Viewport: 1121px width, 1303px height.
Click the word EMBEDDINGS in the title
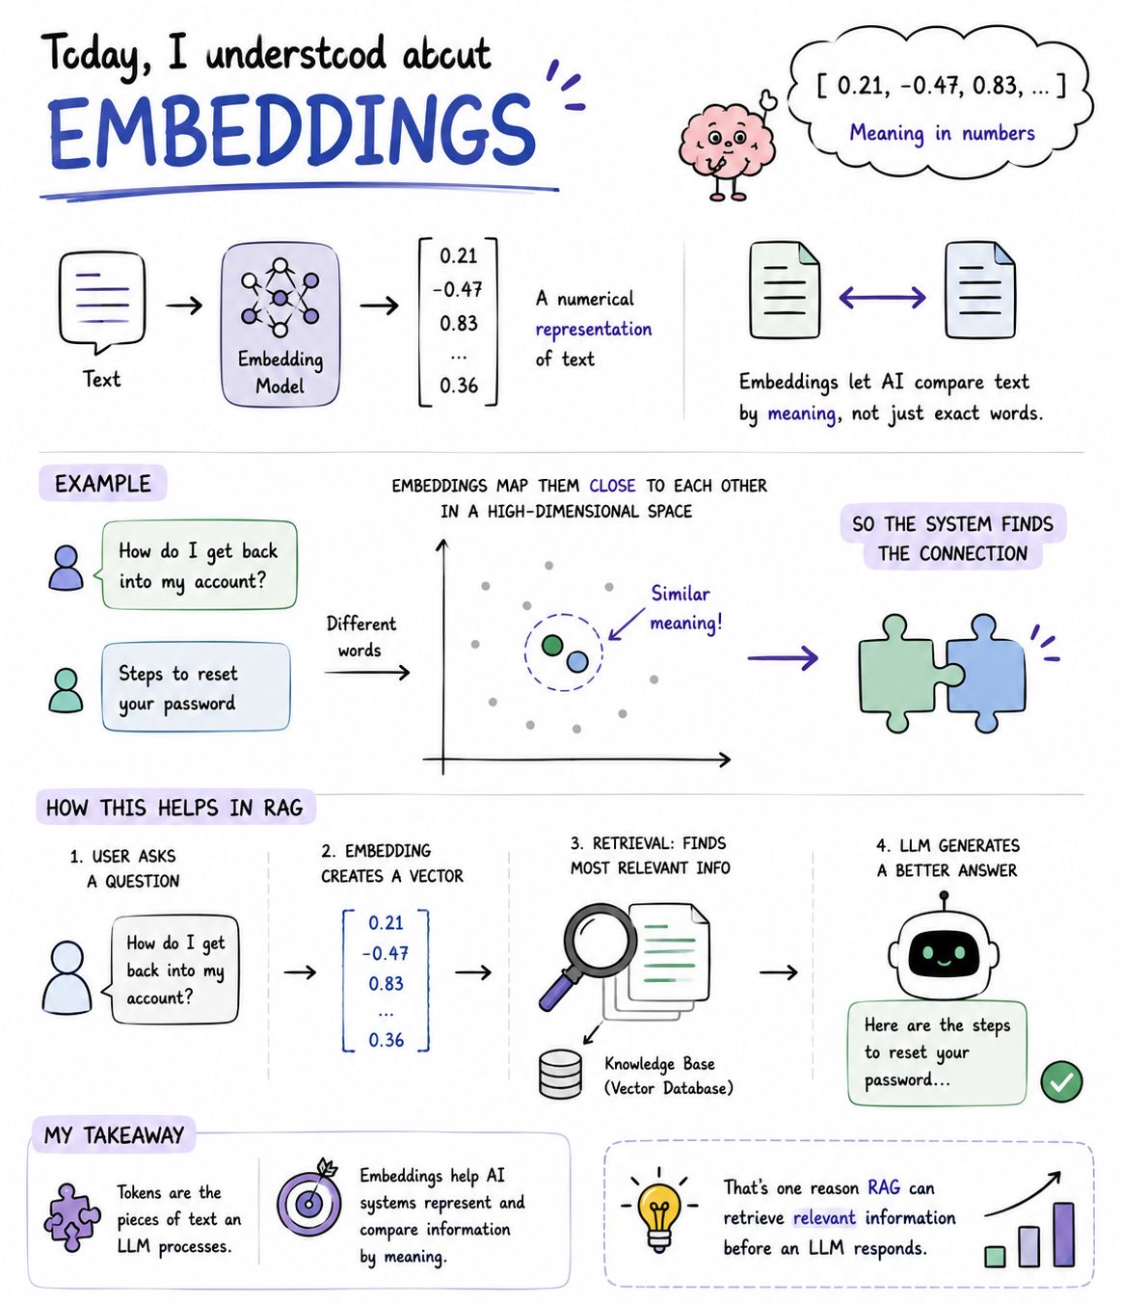pos(291,133)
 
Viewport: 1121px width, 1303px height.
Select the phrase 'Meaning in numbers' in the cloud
pos(942,133)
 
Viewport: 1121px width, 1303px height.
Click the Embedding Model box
pos(280,325)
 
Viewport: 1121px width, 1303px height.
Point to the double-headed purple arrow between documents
pos(882,297)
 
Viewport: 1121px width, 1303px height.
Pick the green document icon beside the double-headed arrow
pos(785,291)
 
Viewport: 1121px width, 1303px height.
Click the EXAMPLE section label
pos(103,484)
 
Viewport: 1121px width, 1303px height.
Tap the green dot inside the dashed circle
pos(552,645)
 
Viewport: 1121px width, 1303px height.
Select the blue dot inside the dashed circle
pos(577,662)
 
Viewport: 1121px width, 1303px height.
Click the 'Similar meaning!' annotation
pos(686,608)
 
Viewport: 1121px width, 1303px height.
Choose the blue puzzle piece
pos(983,672)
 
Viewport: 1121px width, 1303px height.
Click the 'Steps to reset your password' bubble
pos(196,687)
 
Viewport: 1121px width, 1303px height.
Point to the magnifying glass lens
pos(600,936)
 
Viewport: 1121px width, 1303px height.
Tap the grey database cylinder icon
pos(561,1074)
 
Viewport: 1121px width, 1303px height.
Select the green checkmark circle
pos(1062,1081)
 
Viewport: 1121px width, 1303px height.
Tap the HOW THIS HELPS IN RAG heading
pos(174,808)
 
